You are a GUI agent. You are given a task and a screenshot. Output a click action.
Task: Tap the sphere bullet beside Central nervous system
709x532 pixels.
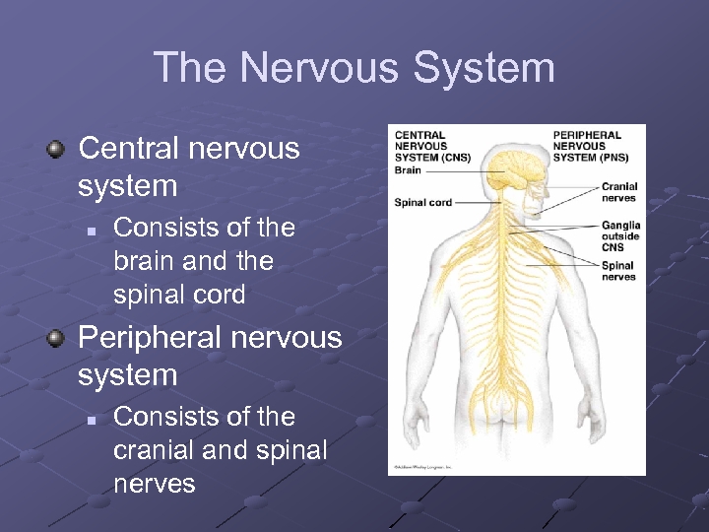pos(56,150)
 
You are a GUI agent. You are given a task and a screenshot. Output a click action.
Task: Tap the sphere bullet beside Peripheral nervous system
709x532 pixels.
pos(56,339)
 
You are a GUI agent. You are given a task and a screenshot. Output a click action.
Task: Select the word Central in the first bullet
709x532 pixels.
pos(128,149)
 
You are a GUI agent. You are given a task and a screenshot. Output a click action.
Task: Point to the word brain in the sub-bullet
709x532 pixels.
pos(148,261)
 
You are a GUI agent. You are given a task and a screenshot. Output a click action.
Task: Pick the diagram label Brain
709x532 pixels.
pos(408,170)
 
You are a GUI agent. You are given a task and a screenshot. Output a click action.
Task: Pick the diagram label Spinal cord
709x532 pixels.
pos(422,203)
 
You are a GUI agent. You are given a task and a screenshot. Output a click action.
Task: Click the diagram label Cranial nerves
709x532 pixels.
pos(618,192)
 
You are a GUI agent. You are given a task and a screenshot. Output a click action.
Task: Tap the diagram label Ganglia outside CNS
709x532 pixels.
pos(620,236)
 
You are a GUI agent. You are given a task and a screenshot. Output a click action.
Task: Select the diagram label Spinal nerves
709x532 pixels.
pos(617,271)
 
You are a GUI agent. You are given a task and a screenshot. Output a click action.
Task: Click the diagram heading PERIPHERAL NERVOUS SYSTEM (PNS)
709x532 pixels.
pos(589,146)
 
